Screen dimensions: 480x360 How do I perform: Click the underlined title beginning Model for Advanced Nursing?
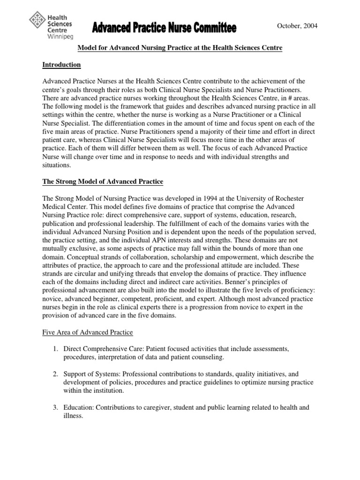(180, 49)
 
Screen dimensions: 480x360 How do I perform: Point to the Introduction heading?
(61, 65)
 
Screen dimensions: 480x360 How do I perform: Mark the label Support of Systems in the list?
(89, 374)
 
